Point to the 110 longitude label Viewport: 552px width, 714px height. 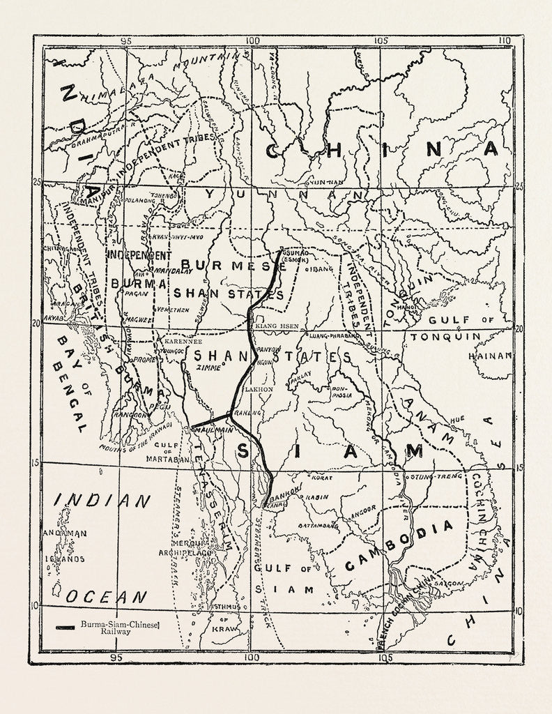(505, 40)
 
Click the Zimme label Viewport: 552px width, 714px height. (208, 366)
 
